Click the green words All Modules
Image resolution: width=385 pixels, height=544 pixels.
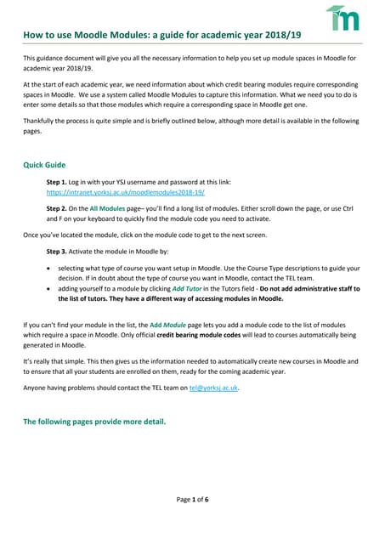point(106,208)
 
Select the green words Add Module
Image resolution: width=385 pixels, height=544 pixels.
point(168,326)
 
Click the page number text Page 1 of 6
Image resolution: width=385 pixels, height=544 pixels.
point(192,500)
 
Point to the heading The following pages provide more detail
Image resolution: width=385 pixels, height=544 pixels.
point(93,422)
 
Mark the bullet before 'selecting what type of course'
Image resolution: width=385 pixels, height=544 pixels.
point(48,269)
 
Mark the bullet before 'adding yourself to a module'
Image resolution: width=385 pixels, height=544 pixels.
point(48,290)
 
